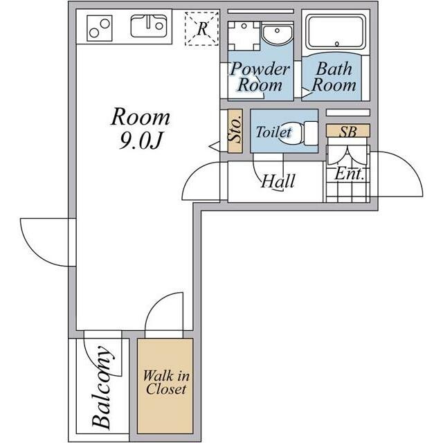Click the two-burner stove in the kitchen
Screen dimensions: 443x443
[x=100, y=28]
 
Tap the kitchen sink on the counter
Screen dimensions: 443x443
[x=149, y=26]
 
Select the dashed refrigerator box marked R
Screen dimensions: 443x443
[x=201, y=28]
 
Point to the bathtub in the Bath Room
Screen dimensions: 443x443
[x=336, y=32]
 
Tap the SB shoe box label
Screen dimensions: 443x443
[x=347, y=131]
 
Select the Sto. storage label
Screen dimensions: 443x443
[x=235, y=131]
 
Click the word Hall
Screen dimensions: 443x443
[x=278, y=181]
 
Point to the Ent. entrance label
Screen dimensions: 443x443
[x=349, y=174]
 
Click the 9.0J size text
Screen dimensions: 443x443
[x=141, y=140]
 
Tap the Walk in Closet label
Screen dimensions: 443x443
[x=166, y=382]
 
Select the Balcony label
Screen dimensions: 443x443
[x=102, y=387]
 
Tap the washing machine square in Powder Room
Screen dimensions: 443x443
[x=244, y=36]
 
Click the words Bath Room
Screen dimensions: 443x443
[x=334, y=77]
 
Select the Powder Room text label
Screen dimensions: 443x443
[x=260, y=77]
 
